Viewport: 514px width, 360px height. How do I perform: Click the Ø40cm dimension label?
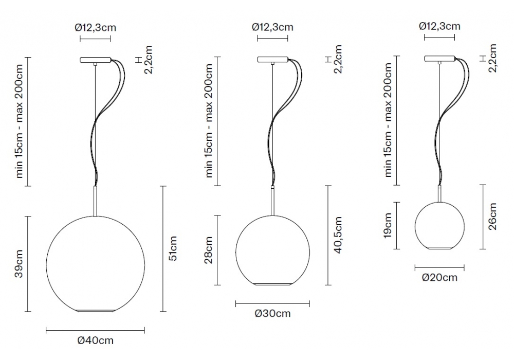pos(96,340)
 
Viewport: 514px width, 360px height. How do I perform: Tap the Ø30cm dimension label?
pos(273,313)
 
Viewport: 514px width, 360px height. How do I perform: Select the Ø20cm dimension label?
pos(439,277)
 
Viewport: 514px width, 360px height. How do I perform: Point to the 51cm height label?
pos(173,248)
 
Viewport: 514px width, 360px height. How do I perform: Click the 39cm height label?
pos(19,264)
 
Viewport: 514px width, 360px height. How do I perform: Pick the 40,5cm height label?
pos(338,235)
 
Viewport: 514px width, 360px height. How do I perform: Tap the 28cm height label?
pos(209,250)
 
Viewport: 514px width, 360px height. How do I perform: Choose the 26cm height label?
pos(492,216)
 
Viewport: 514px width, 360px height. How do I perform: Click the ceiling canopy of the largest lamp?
pos(96,60)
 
